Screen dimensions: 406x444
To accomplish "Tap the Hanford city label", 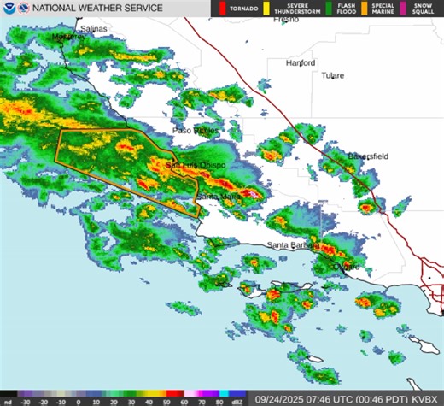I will [301, 63].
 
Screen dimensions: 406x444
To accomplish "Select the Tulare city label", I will [332, 75].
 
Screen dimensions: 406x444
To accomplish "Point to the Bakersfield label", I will [368, 156].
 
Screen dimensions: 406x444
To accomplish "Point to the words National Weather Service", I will [98, 8].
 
